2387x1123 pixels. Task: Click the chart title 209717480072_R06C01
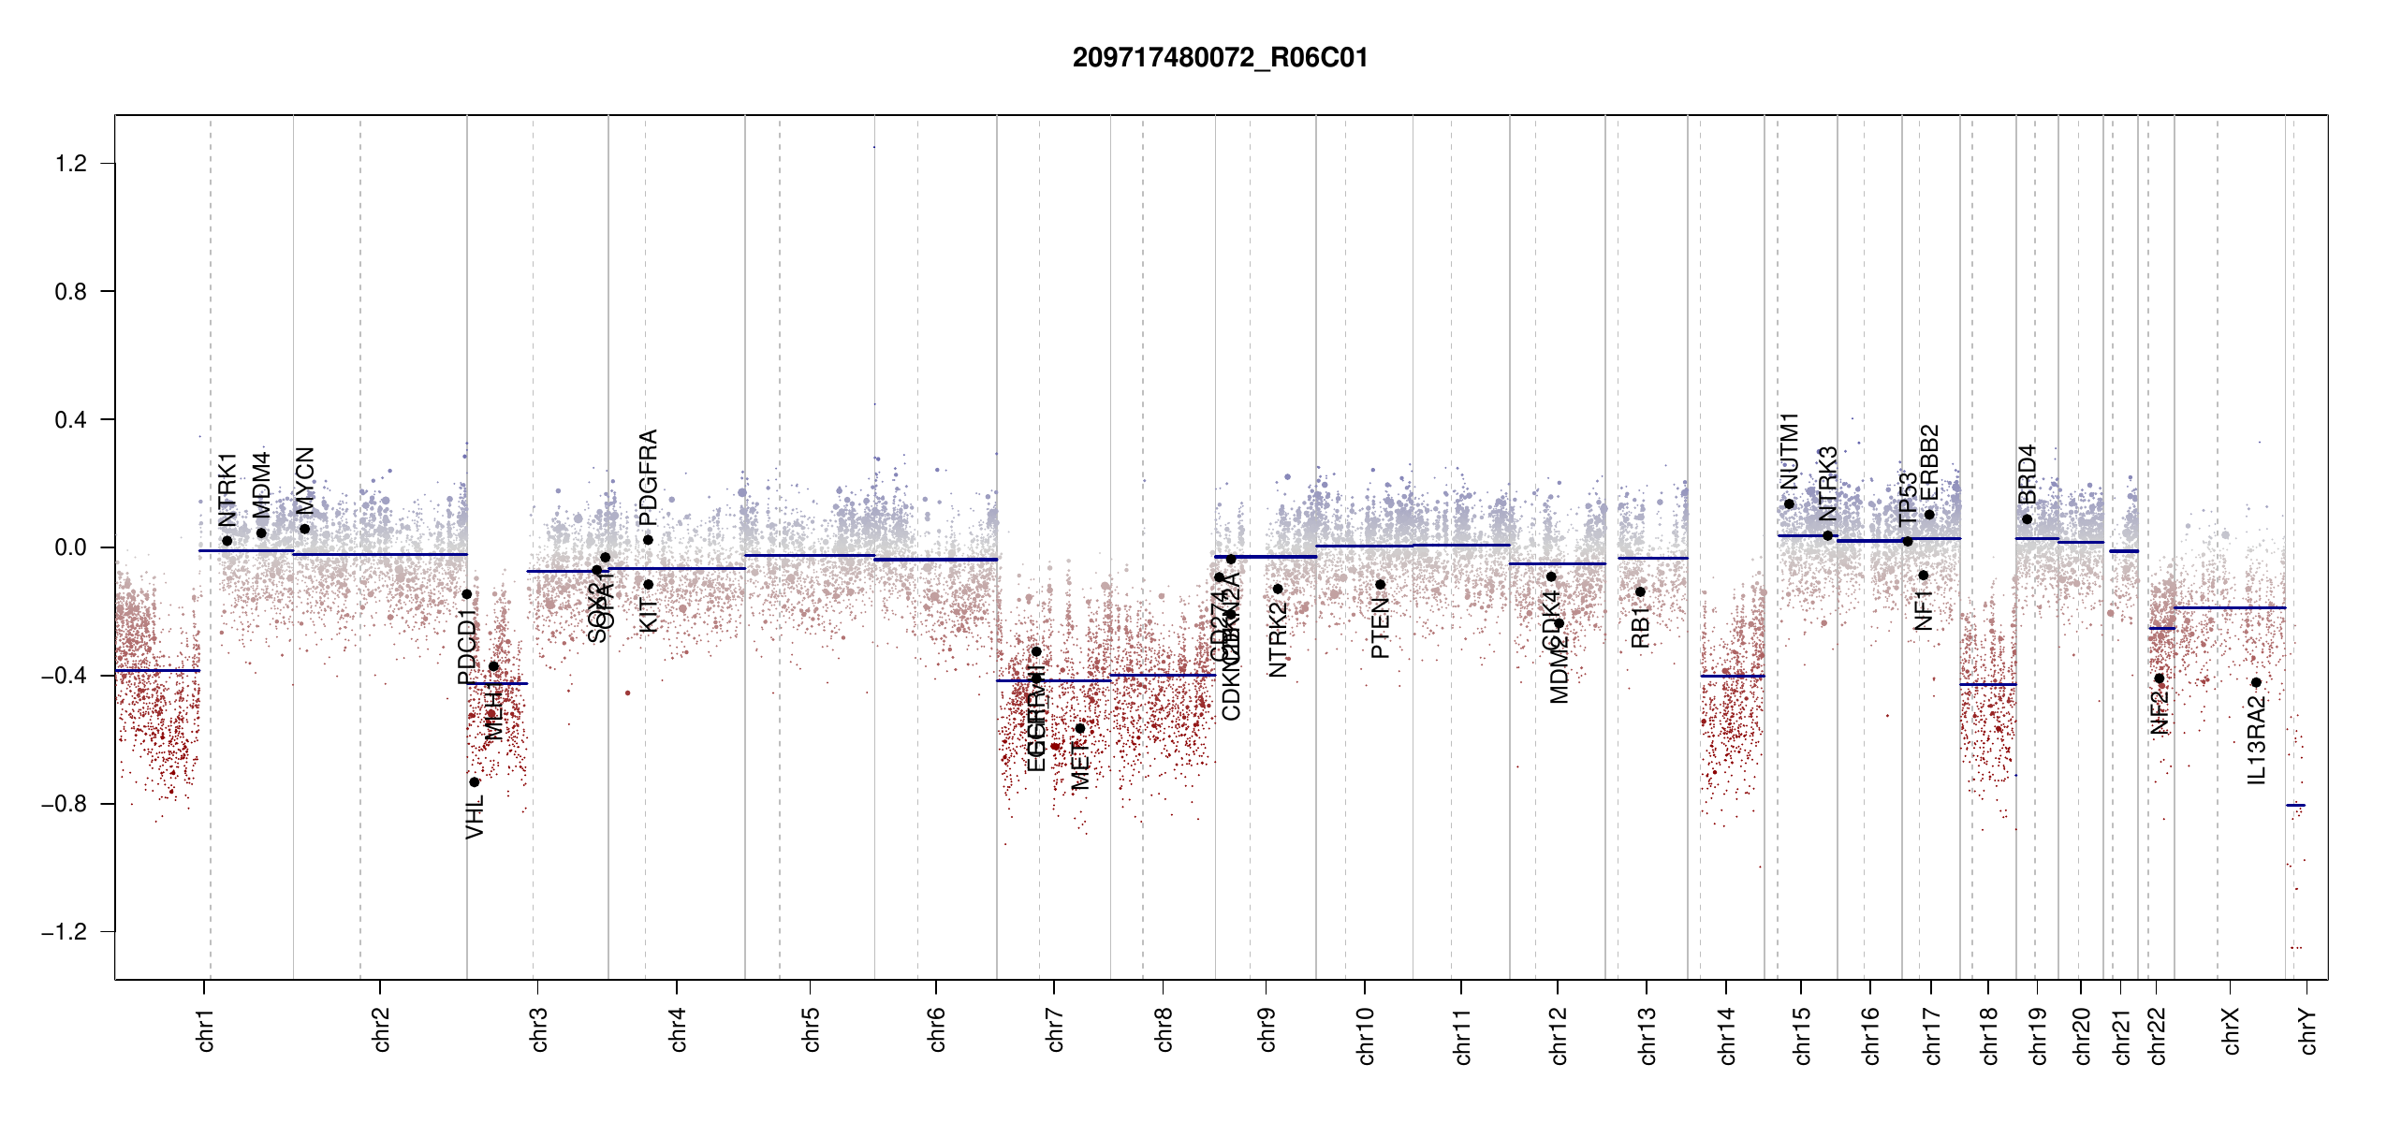point(1220,58)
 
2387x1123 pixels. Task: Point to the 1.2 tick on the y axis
point(71,164)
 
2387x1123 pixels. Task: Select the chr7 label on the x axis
point(1055,1029)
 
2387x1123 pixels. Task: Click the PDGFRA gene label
point(648,476)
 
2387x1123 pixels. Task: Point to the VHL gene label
point(476,816)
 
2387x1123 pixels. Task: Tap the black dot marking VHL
point(475,781)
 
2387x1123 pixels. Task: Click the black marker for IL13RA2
point(2256,682)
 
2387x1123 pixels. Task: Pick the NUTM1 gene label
point(1789,451)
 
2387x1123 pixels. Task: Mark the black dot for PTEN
point(1380,585)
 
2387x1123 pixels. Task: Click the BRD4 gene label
point(2027,474)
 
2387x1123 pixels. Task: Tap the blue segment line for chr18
point(1988,684)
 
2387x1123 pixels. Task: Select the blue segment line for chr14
point(1732,676)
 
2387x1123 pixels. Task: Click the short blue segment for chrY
point(2295,805)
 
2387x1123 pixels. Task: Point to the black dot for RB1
point(1640,591)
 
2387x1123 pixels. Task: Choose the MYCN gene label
point(304,480)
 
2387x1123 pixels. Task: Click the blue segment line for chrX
point(2230,607)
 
